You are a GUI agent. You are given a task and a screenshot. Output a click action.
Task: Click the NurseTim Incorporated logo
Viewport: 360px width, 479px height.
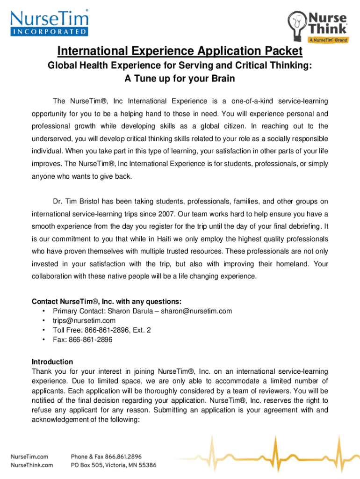(x=49, y=23)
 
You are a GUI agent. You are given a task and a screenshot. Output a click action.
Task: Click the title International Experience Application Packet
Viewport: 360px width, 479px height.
(x=180, y=51)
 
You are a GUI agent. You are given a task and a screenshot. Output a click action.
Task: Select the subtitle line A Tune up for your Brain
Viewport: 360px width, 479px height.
(x=180, y=79)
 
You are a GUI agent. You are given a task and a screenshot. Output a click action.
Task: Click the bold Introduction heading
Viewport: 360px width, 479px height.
(x=52, y=362)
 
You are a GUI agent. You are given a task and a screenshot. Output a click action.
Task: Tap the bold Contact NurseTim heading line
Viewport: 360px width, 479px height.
(x=106, y=301)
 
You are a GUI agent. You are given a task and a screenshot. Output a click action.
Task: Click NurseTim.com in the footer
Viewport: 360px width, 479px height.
(x=30, y=456)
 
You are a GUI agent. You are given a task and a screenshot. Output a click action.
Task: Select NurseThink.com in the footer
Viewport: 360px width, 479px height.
(x=32, y=465)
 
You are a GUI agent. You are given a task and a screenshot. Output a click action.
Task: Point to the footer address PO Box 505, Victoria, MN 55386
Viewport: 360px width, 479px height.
(x=114, y=465)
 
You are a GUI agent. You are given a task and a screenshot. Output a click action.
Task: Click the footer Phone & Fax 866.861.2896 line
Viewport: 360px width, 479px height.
(x=106, y=456)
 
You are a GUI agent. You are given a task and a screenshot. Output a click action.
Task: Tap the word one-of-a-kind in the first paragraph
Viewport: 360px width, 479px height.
(x=247, y=102)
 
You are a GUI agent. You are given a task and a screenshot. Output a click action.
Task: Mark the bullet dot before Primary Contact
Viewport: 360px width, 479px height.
(x=43, y=311)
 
